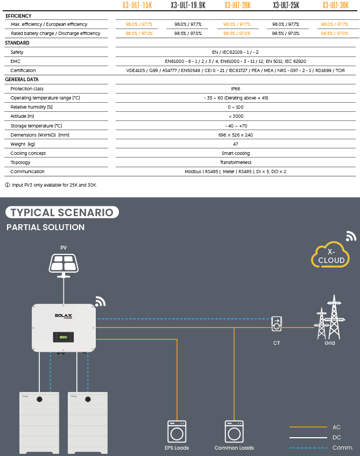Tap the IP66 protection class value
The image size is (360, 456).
[x=235, y=89]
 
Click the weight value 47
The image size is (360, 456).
[x=235, y=144]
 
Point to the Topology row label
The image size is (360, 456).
[x=20, y=162]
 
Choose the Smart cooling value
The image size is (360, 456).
[x=235, y=153]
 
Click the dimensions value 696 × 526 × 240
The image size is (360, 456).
[x=235, y=135]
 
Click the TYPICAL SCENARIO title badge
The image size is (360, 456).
[x=62, y=212]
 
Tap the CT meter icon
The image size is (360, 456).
[x=277, y=324]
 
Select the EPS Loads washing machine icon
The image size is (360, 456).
[x=177, y=431]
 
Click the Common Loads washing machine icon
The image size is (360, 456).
[x=234, y=431]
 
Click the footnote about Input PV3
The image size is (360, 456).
[x=52, y=185]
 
